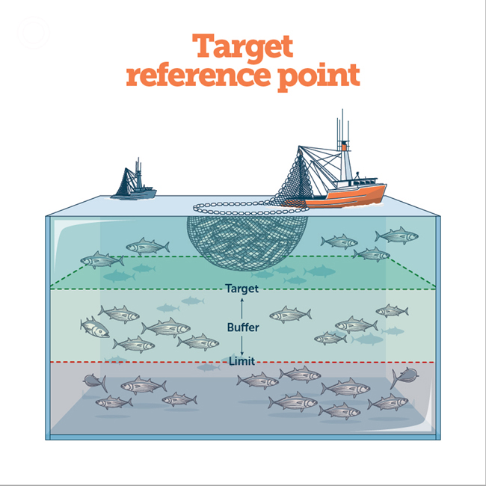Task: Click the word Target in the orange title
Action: tap(242, 46)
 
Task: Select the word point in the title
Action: tap(319, 78)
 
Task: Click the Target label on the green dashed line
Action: tap(242, 289)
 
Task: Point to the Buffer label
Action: tap(243, 327)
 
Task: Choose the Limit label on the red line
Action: tap(242, 361)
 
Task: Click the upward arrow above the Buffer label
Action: tap(242, 308)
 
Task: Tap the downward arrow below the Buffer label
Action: tap(242, 345)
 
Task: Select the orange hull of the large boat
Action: tap(347, 197)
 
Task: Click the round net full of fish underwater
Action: tap(247, 242)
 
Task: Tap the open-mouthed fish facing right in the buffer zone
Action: tap(94, 327)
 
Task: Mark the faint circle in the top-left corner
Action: tap(34, 33)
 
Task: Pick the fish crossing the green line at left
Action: tap(102, 259)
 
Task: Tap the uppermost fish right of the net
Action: tap(397, 236)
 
